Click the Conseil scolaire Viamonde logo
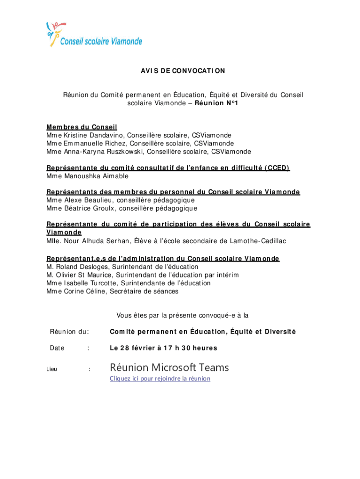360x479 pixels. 94,36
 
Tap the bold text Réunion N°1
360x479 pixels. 218,103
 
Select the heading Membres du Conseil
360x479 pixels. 81,127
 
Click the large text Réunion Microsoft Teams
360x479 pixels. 169,367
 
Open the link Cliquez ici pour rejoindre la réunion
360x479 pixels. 160,378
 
